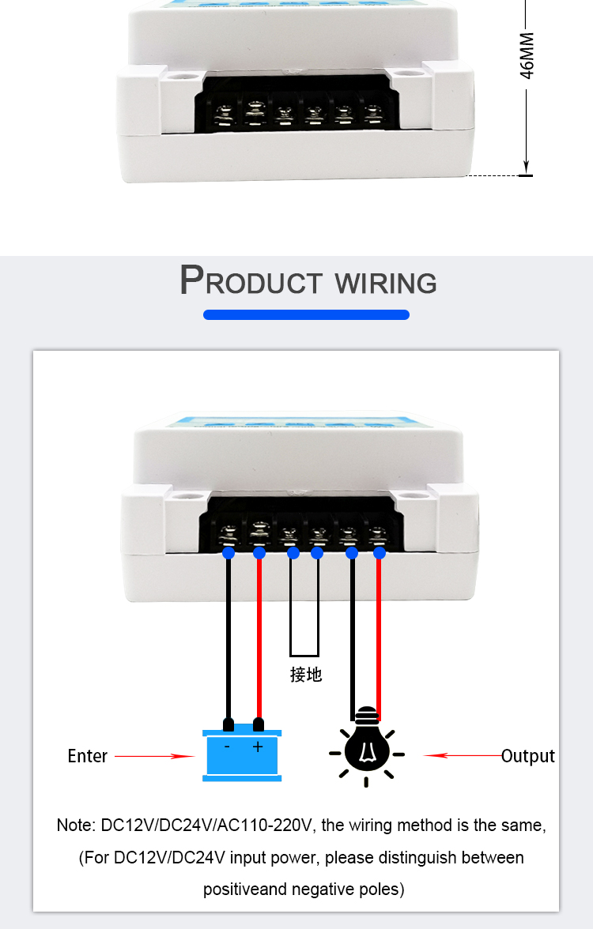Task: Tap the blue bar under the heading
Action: (x=306, y=314)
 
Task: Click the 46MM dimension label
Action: (x=527, y=55)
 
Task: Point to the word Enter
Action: (x=87, y=756)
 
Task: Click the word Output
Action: (x=528, y=756)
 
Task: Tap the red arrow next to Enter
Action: (x=154, y=756)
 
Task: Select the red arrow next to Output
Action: (x=462, y=756)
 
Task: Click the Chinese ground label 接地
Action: (x=306, y=675)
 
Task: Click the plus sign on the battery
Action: (x=258, y=746)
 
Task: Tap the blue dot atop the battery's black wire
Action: (x=229, y=553)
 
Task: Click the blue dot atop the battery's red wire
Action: (x=259, y=553)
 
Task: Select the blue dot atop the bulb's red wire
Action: (x=380, y=553)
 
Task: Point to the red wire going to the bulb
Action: (x=379, y=632)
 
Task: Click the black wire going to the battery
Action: (x=229, y=632)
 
